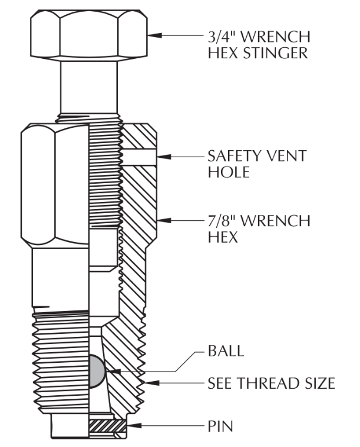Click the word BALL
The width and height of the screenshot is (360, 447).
[224, 352]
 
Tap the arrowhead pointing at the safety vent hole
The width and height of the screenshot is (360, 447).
[164, 156]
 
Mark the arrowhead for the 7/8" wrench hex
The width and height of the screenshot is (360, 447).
[164, 221]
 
